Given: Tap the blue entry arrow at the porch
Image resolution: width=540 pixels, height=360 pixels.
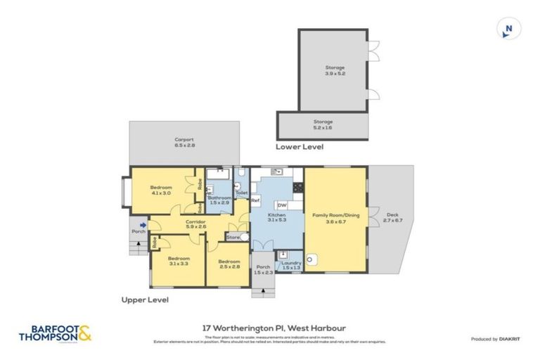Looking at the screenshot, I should (143, 226).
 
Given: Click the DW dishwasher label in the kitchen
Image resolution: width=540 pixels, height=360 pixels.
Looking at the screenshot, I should (281, 205).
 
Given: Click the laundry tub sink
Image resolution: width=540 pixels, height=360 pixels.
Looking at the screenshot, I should (284, 255).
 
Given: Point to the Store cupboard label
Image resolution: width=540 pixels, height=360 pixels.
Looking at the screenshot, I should (233, 238).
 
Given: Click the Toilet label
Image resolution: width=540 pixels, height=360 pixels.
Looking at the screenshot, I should (241, 193).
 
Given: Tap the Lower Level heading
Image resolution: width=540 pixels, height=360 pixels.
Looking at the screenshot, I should (300, 148).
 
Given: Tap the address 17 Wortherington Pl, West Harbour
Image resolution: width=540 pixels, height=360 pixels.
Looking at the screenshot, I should (269, 327).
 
